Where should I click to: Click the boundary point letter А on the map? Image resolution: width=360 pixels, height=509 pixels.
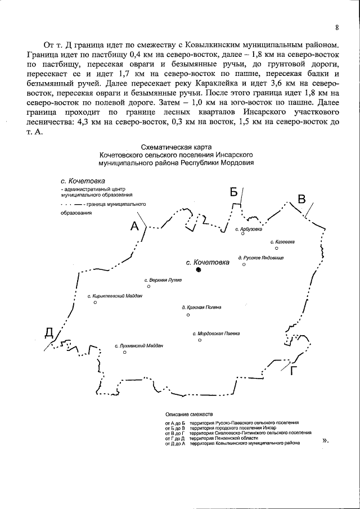click(134, 226)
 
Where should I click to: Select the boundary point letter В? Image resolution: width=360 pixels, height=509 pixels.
click(301, 199)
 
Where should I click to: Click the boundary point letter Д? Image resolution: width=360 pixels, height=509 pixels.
click(49, 334)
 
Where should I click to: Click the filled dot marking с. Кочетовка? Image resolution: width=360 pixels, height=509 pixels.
click(199, 271)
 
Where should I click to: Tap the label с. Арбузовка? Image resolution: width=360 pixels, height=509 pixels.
click(249, 229)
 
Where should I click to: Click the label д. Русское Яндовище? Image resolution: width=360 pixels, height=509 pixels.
click(261, 258)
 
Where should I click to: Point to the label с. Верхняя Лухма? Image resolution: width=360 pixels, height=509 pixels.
click(163, 280)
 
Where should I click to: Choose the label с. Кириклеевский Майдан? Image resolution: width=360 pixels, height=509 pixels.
click(115, 296)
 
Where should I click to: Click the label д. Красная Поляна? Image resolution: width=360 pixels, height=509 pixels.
click(201, 308)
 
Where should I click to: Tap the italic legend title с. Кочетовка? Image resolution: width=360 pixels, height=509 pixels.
click(83, 182)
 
